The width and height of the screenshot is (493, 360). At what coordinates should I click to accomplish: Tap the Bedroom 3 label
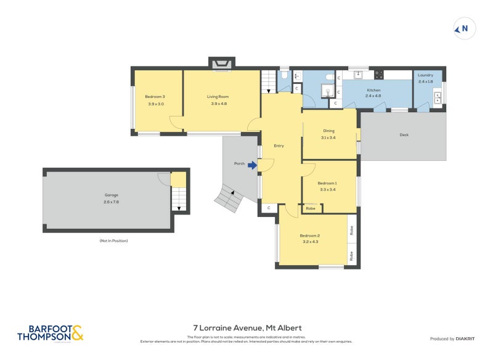tap(155, 96)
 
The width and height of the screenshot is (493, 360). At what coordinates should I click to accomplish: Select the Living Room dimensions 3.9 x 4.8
tap(219, 104)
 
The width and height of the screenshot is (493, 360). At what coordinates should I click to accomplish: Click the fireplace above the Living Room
tap(222, 63)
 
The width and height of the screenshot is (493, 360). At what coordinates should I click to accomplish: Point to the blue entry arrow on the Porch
tap(251, 165)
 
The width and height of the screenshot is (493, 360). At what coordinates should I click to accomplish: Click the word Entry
tap(279, 146)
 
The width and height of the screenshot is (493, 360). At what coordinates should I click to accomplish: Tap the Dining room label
tap(328, 131)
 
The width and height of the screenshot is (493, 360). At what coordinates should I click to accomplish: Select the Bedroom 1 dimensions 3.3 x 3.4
tap(327, 190)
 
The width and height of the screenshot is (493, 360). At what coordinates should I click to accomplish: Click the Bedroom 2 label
tap(310, 235)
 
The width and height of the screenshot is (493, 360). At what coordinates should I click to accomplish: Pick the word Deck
tap(404, 135)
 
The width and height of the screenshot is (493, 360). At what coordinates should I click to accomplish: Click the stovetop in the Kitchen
tap(379, 75)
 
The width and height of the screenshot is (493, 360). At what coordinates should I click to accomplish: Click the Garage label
tap(111, 195)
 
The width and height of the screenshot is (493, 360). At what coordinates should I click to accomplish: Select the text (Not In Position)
tap(113, 240)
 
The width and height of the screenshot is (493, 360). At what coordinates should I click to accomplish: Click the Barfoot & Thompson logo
tap(49, 333)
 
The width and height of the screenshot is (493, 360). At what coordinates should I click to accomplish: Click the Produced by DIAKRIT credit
tap(452, 338)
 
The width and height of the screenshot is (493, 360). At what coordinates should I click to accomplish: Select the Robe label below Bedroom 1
tap(311, 208)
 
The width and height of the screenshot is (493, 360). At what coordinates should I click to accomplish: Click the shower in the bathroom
tap(327, 92)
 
